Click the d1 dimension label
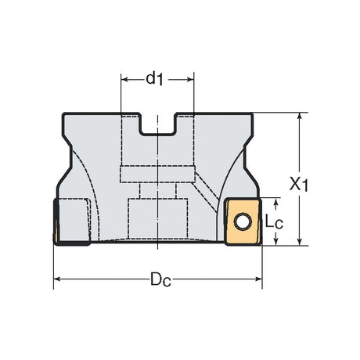(x=154, y=79)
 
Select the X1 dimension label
(x=299, y=185)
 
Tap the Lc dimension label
(x=274, y=222)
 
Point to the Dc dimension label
(x=160, y=279)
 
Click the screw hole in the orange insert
(x=243, y=222)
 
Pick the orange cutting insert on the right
(x=243, y=221)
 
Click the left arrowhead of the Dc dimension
(x=57, y=279)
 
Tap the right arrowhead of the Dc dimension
(x=258, y=279)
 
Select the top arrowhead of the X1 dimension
(x=300, y=117)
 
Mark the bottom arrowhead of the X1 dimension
(x=300, y=242)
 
